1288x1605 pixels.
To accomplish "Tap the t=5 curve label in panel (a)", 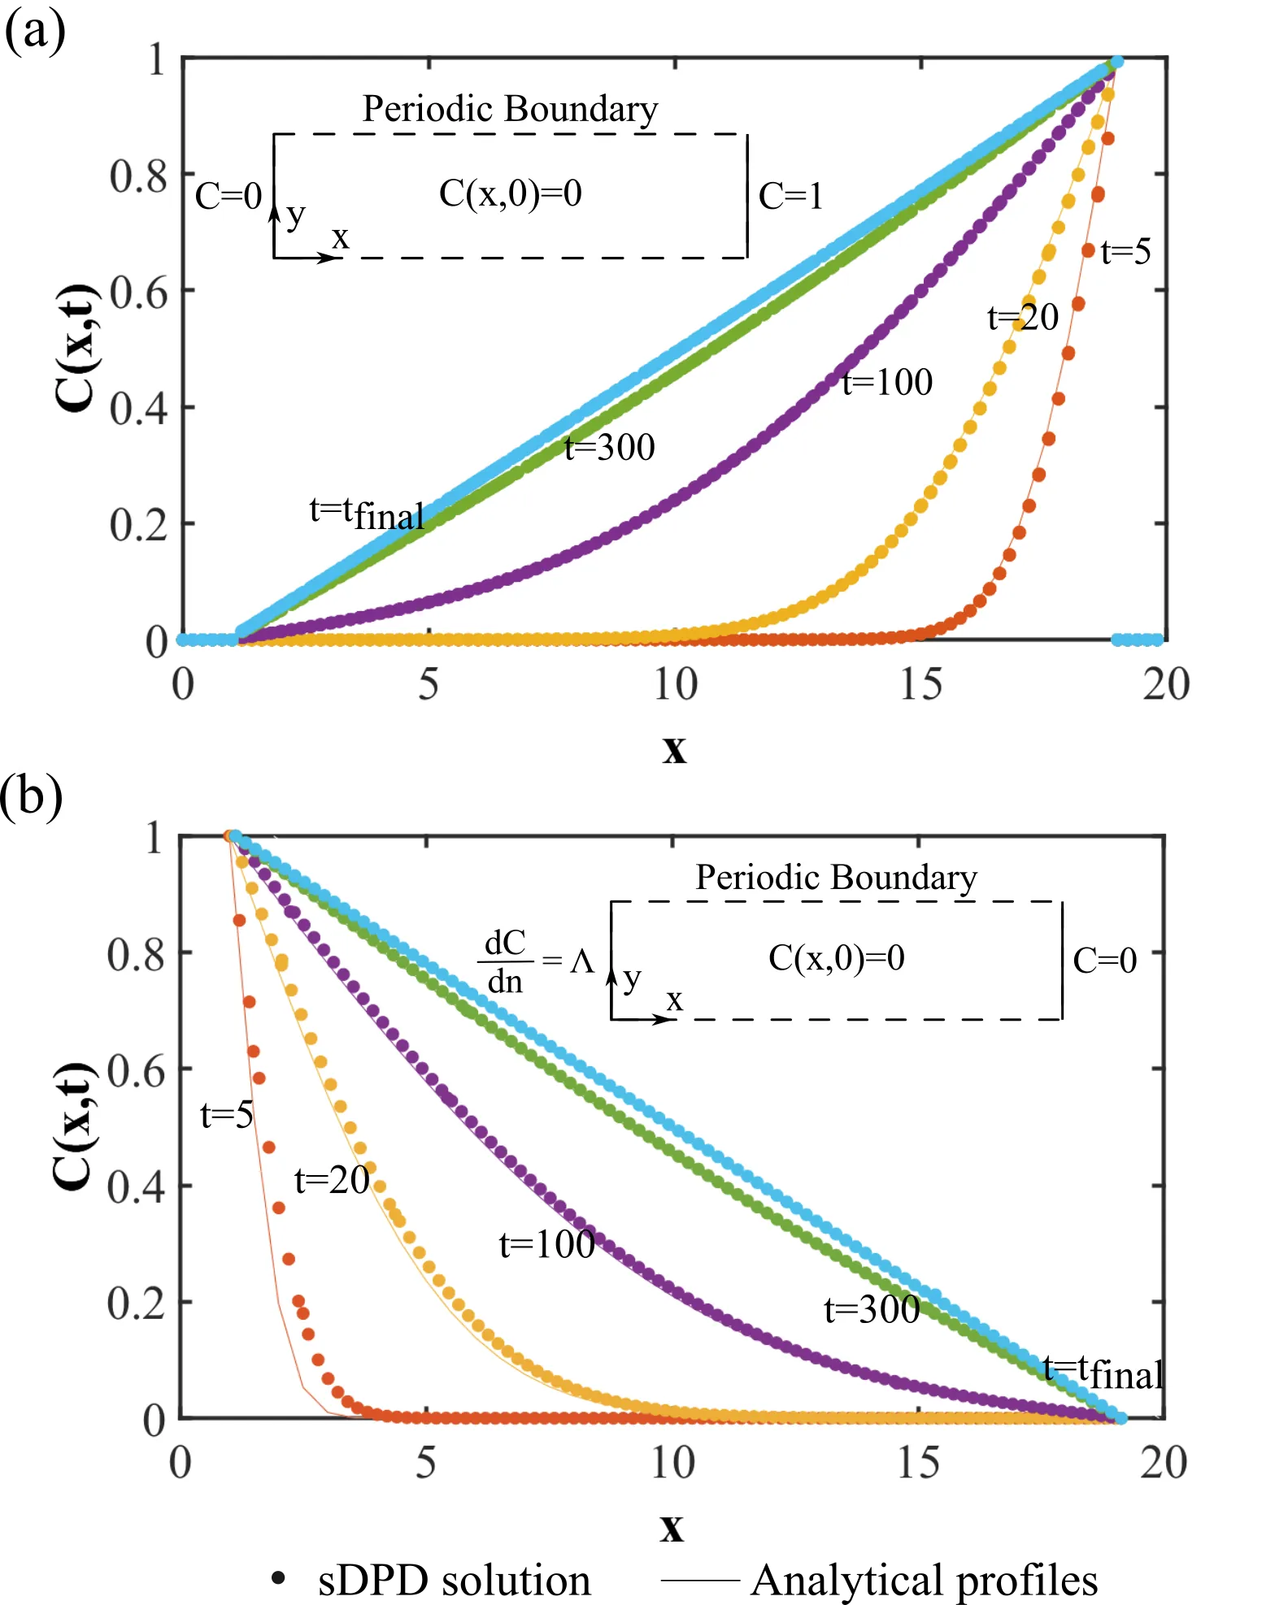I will pyautogui.click(x=1125, y=252).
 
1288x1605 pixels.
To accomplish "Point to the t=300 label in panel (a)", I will pyautogui.click(x=610, y=447).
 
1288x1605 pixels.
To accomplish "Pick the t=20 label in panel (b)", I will pyautogui.click(x=332, y=1179).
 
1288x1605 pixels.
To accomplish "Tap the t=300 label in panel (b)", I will pyautogui.click(x=872, y=1309).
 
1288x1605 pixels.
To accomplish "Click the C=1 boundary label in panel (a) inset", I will pyautogui.click(x=790, y=196).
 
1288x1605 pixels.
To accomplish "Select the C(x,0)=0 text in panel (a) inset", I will pyautogui.click(x=511, y=193).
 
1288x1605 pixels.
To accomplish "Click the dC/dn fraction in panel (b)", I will pyautogui.click(x=505, y=962).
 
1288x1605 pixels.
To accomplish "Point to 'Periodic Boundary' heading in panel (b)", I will pyautogui.click(x=836, y=878).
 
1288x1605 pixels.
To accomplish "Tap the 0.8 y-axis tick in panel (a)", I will pyautogui.click(x=138, y=176).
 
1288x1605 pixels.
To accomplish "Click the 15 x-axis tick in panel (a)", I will pyautogui.click(x=920, y=684).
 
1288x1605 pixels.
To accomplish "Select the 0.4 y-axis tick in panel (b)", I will pyautogui.click(x=137, y=1187).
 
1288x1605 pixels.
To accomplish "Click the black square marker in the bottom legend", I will pyautogui.click(x=276, y=1577).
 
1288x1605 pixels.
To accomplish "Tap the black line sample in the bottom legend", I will pyautogui.click(x=698, y=1581).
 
